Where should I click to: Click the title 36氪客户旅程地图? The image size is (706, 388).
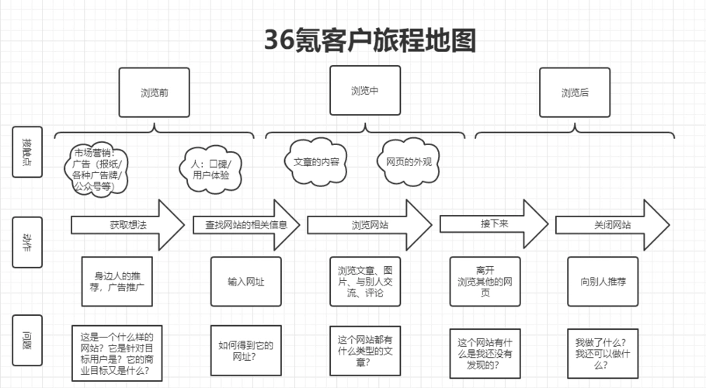pos(369,40)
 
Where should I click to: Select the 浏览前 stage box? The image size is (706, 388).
pos(155,92)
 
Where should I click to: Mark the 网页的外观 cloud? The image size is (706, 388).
pos(409,162)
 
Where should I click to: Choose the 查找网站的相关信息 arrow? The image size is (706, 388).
pos(245,224)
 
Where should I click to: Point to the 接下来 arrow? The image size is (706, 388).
pos(493,223)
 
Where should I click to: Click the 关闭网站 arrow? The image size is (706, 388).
pos(612,224)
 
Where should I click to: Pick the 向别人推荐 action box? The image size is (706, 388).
pos(603,282)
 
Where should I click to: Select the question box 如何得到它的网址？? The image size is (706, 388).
pos(245,351)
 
